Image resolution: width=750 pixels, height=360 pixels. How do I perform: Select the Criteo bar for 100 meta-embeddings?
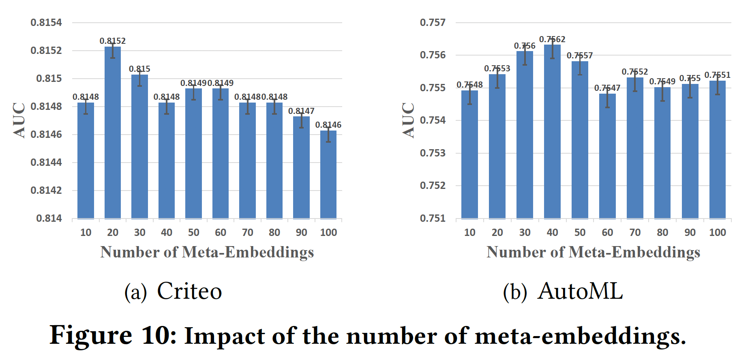pyautogui.click(x=328, y=175)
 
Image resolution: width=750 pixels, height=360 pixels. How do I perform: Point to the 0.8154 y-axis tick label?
pyautogui.click(x=46, y=23)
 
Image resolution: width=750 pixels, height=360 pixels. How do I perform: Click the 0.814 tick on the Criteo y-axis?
pyautogui.click(x=49, y=219)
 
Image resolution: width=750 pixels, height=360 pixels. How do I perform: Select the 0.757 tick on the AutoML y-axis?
pyautogui.click(x=433, y=23)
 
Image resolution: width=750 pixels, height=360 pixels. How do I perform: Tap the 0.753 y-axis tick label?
pyautogui.click(x=433, y=153)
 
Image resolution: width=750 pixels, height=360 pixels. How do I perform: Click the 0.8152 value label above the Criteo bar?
pyautogui.click(x=113, y=41)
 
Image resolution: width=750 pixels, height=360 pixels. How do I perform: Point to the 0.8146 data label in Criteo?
pyautogui.click(x=328, y=125)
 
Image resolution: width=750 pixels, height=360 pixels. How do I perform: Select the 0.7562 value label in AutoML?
pyautogui.click(x=552, y=39)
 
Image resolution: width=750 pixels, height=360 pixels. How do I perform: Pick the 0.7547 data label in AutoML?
pyautogui.click(x=607, y=88)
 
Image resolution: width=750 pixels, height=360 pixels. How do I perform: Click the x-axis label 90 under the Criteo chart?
pyautogui.click(x=301, y=233)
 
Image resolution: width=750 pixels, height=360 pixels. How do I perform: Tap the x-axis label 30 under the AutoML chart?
pyautogui.click(x=525, y=233)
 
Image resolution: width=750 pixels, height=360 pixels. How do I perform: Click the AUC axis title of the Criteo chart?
pyautogui.click(x=19, y=120)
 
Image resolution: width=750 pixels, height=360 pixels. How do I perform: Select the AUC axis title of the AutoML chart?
pyautogui.click(x=408, y=120)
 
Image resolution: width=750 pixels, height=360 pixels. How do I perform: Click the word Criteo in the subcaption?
pyautogui.click(x=189, y=291)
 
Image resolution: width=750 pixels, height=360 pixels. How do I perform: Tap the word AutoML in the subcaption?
pyautogui.click(x=580, y=291)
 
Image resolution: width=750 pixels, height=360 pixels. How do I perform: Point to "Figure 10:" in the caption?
pyautogui.click(x=113, y=336)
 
